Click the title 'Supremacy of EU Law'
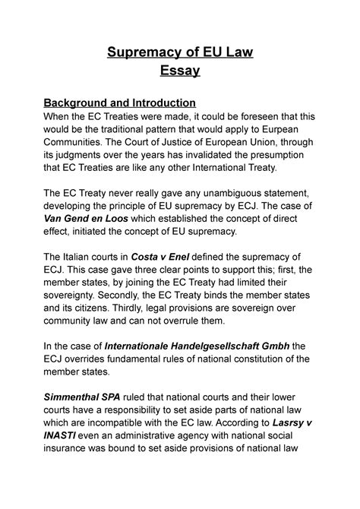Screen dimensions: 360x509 [179, 52]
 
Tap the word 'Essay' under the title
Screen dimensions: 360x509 [179, 72]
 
